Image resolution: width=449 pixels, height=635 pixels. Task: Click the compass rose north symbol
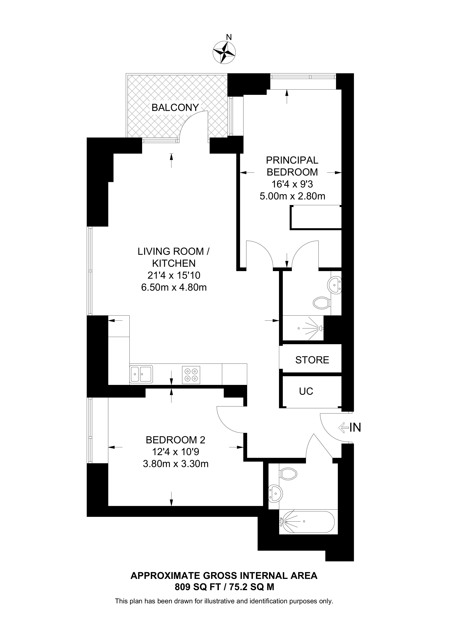point(224,52)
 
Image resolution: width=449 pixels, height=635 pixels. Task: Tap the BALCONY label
point(175,107)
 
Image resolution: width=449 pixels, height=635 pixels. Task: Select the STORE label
point(312,360)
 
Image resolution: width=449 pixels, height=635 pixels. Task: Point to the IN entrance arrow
point(344,428)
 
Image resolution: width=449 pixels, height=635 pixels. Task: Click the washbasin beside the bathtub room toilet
point(275,493)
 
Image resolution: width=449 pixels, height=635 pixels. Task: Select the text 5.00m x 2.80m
point(292,196)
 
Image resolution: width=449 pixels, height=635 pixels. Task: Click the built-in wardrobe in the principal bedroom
point(316,217)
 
